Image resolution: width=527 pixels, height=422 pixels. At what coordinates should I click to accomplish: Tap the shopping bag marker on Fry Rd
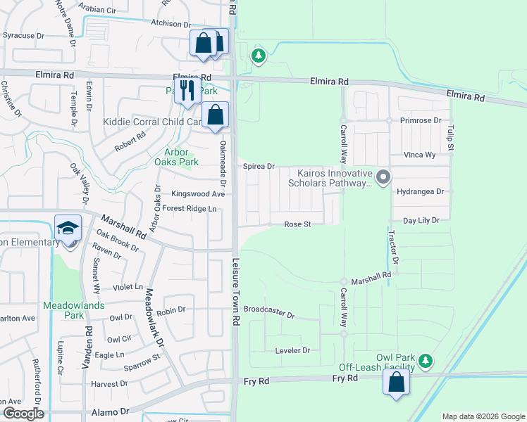point(397,383)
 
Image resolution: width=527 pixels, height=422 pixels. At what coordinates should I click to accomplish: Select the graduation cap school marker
point(68,229)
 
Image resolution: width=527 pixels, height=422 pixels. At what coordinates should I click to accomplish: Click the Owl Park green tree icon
point(425,362)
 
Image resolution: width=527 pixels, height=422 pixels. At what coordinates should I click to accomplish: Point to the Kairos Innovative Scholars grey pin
point(383,177)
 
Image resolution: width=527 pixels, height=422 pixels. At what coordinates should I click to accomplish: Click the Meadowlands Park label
point(73,310)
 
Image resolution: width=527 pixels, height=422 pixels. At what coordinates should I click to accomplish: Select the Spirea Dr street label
point(259,167)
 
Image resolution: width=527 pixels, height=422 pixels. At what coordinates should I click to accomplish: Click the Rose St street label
point(297,224)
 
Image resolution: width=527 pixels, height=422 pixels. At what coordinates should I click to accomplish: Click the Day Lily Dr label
point(421,220)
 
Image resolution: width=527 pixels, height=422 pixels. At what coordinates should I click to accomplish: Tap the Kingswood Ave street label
point(198,194)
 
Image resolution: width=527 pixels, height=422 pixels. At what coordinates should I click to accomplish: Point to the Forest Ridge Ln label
point(190,208)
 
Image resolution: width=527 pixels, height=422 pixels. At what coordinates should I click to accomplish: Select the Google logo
point(23,414)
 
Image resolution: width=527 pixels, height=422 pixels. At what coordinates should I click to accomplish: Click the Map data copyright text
point(483,416)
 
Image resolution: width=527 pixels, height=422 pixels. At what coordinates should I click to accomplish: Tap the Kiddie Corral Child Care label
point(153,122)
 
